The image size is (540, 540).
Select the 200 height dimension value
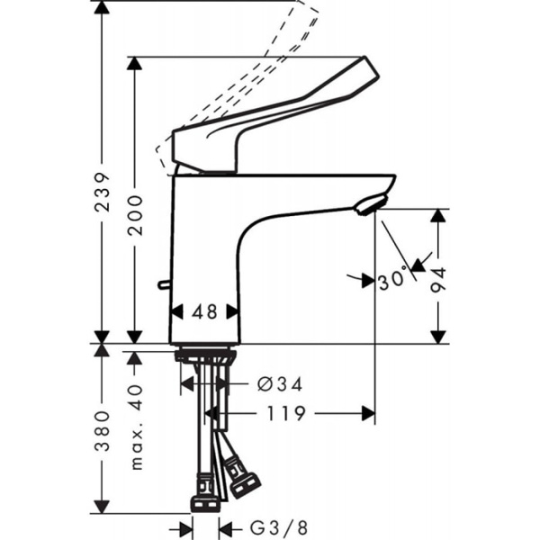(x=136, y=214)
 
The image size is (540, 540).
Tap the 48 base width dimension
(x=205, y=311)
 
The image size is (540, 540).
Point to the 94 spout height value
(x=438, y=280)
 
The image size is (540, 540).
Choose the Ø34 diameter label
(x=279, y=384)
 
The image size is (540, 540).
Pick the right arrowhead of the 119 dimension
(x=368, y=414)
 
